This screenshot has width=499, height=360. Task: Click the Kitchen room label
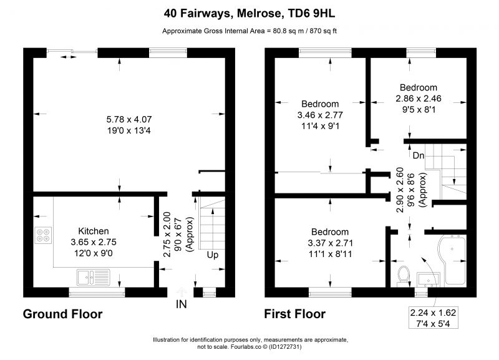(x=93, y=231)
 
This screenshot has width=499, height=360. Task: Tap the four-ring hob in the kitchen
(x=43, y=235)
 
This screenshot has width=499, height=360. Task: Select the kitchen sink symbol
(x=93, y=277)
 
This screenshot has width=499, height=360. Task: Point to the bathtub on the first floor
(x=452, y=260)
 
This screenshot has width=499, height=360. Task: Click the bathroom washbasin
(x=429, y=279)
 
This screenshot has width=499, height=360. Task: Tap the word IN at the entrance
(x=182, y=304)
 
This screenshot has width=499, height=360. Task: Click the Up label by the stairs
(x=213, y=255)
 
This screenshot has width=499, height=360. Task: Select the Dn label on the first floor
(x=419, y=155)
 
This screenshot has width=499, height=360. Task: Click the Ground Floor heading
(x=63, y=314)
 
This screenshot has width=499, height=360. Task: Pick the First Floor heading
(x=294, y=314)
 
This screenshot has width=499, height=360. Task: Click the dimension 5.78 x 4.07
(x=129, y=120)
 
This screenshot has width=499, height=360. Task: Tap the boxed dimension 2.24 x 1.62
(x=433, y=313)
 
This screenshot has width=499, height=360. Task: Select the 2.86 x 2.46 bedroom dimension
(x=419, y=99)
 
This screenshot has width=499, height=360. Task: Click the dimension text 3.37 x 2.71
(x=331, y=243)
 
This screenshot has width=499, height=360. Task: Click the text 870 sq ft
(x=324, y=31)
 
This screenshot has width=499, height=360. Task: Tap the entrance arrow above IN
(x=182, y=292)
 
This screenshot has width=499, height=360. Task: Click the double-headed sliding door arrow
(x=69, y=57)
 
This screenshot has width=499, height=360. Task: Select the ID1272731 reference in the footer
(x=285, y=347)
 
